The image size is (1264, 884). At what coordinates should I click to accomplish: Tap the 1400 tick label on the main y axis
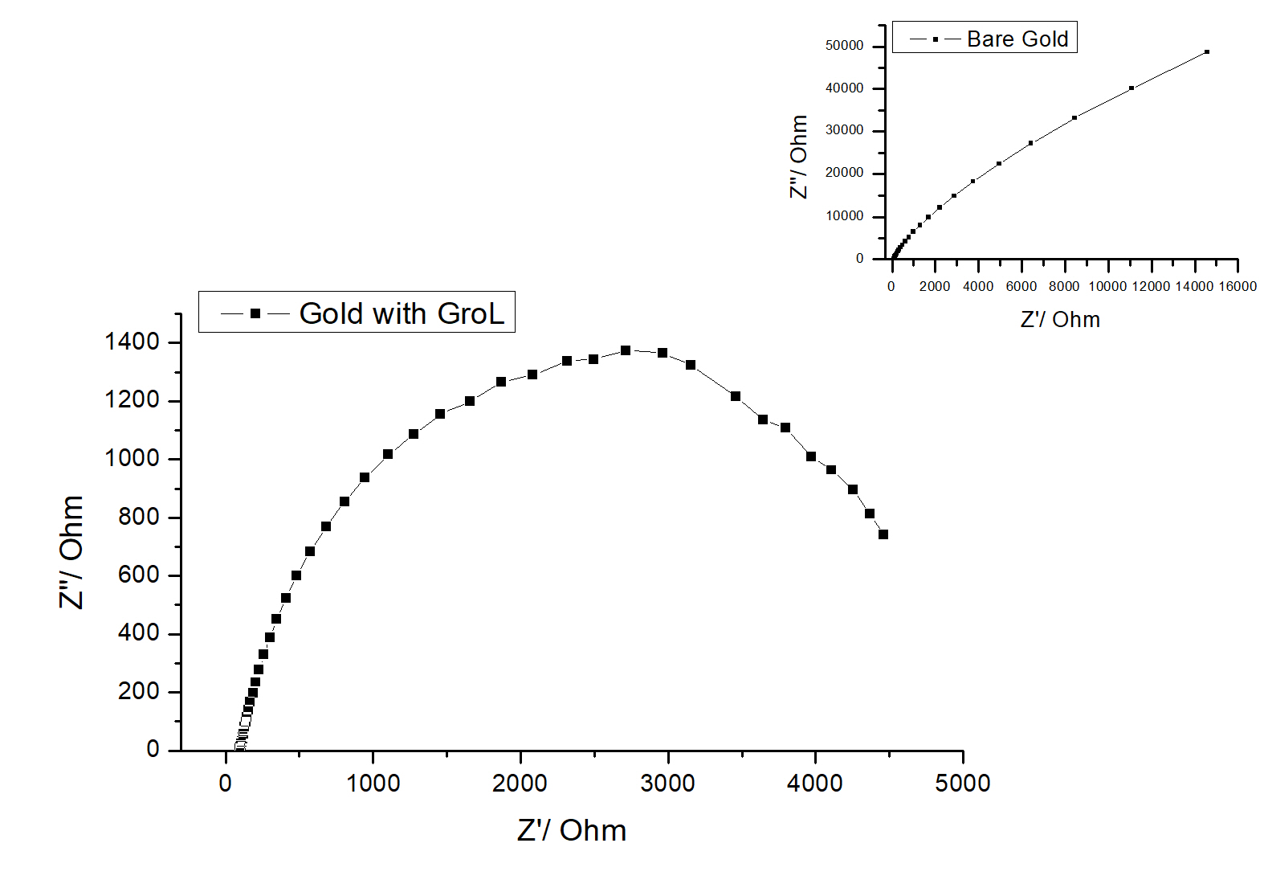tap(132, 342)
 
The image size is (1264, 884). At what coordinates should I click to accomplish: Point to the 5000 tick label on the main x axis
tap(962, 784)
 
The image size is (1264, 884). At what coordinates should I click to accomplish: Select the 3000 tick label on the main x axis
tap(667, 784)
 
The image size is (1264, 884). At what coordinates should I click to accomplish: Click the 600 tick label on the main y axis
tap(138, 575)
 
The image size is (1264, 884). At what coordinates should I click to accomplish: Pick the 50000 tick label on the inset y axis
tap(845, 46)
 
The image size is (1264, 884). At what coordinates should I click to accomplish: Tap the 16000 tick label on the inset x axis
tap(1237, 287)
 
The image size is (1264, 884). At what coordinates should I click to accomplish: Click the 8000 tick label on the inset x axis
tap(1064, 287)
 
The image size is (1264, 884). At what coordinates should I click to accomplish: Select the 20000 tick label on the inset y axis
tap(845, 174)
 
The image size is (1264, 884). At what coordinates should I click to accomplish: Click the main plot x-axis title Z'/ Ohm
tap(572, 830)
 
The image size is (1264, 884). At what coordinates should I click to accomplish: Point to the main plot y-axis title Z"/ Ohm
tap(71, 552)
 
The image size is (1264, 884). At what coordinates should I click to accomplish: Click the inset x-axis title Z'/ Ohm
tap(1060, 320)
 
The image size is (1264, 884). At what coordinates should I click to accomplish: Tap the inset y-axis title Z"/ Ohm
tap(798, 157)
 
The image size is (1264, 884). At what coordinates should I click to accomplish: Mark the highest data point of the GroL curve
tap(626, 350)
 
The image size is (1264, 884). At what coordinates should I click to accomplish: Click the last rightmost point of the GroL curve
tap(883, 534)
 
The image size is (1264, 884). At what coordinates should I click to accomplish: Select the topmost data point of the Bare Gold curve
tap(1207, 52)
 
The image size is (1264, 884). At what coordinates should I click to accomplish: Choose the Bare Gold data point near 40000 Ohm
tap(1131, 88)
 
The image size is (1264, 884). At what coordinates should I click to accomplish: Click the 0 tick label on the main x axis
tap(226, 784)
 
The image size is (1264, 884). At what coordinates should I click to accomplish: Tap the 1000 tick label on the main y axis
tap(132, 459)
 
